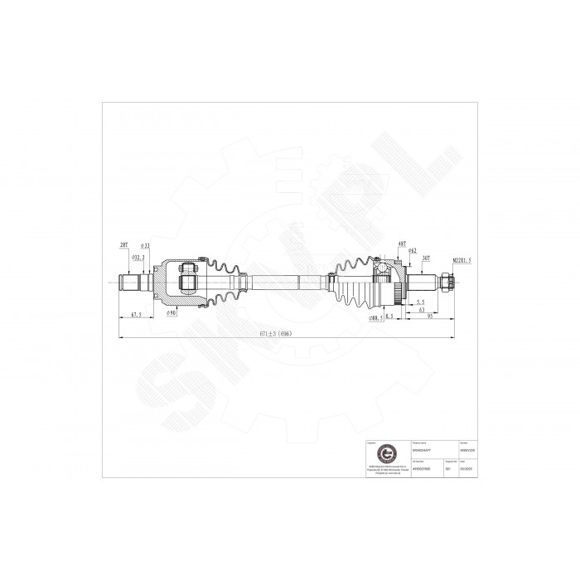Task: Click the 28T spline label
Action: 123,246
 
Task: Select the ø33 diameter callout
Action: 144,246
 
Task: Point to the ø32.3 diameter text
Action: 140,259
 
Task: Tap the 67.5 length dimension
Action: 134,315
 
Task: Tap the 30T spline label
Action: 425,259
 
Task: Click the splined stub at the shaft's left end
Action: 131,282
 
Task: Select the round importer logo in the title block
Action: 383,455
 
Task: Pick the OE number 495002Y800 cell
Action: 419,467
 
